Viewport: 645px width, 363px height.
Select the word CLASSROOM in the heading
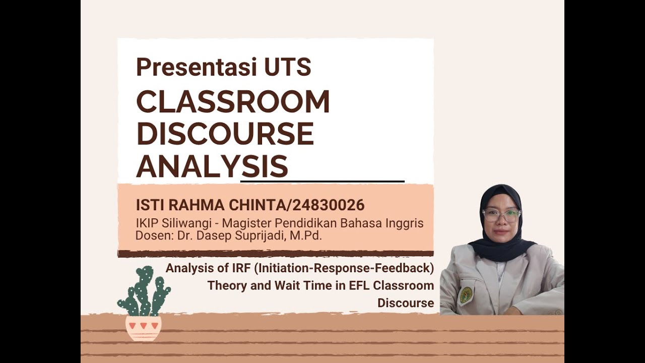point(233,102)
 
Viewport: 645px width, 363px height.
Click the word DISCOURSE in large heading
point(225,134)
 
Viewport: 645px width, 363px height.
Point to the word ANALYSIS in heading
point(212,166)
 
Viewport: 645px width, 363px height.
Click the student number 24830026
point(329,205)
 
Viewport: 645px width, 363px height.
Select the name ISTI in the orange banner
point(151,205)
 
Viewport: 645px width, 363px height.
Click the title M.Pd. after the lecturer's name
point(305,235)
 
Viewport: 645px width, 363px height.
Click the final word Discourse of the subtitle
point(405,303)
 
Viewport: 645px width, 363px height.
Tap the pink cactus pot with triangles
point(144,328)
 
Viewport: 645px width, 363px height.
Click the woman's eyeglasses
point(501,215)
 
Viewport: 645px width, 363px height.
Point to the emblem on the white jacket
point(466,295)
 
